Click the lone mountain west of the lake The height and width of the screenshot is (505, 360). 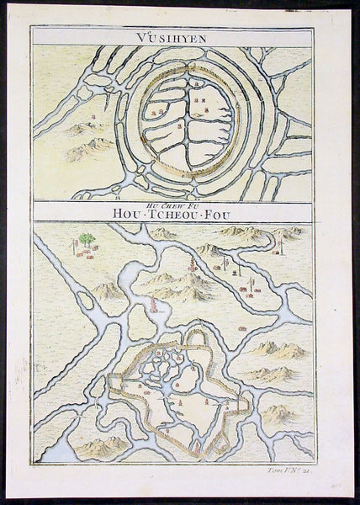pyautogui.click(x=108, y=290)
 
